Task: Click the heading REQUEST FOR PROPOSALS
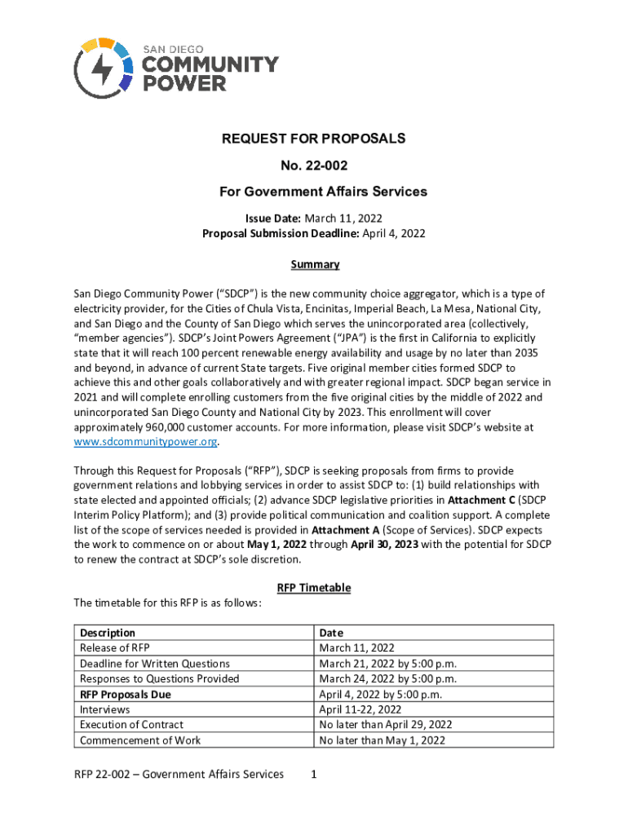click(x=314, y=139)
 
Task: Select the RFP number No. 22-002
click(x=314, y=166)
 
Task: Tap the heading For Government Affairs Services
click(x=314, y=192)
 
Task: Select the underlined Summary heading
click(x=315, y=264)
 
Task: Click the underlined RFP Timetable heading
click(x=314, y=588)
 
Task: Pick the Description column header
click(x=107, y=633)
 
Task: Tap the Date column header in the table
click(x=331, y=633)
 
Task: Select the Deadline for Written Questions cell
click(x=154, y=664)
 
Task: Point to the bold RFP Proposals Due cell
click(x=125, y=695)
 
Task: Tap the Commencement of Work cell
click(x=139, y=740)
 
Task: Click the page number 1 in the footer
click(x=314, y=775)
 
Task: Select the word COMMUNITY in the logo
click(x=211, y=64)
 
